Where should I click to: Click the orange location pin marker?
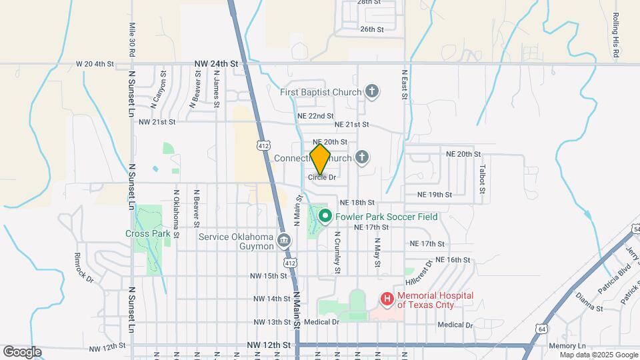pyautogui.click(x=321, y=159)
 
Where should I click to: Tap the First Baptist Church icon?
pyautogui.click(x=372, y=92)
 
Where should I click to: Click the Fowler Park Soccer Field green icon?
pyautogui.click(x=325, y=216)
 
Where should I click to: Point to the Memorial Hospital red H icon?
pyautogui.click(x=387, y=299)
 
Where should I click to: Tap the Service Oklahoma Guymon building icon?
pyautogui.click(x=285, y=240)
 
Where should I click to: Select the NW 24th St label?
pyautogui.click(x=216, y=63)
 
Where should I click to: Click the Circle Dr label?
pyautogui.click(x=321, y=177)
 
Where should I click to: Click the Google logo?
pyautogui.click(x=22, y=352)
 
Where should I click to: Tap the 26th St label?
pyautogui.click(x=371, y=29)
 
